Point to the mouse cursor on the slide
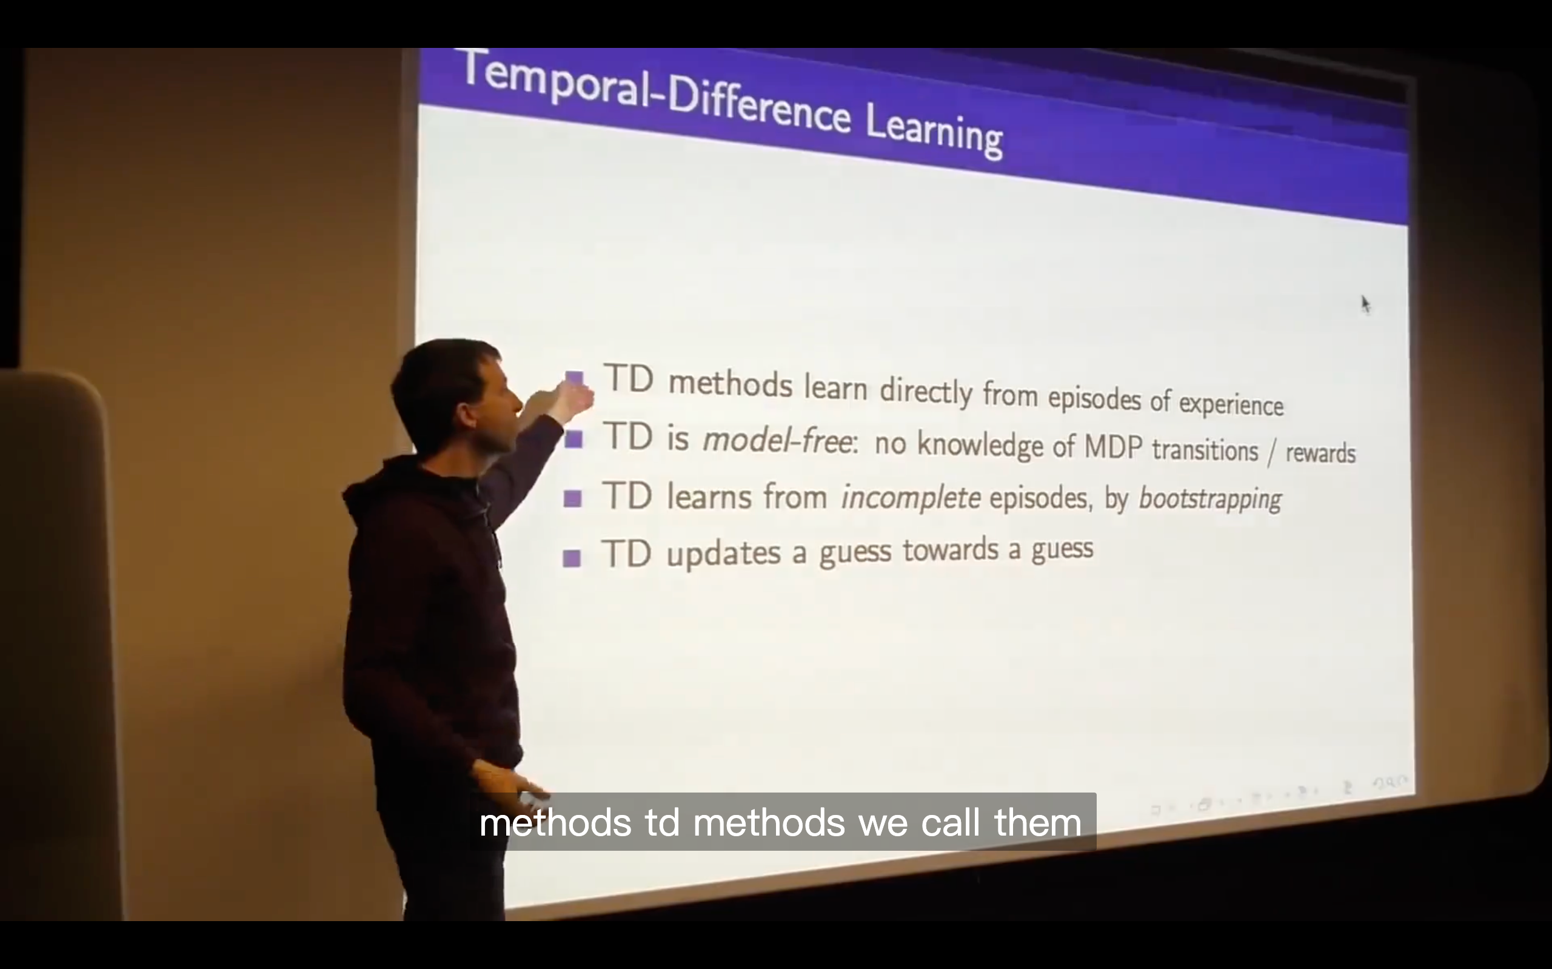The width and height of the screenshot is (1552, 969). coord(1365,305)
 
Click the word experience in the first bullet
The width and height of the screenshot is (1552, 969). coord(1231,404)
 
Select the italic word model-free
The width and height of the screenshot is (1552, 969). coord(778,440)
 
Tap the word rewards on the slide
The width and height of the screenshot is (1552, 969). coord(1321,453)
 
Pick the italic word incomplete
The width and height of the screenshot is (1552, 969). coord(909,497)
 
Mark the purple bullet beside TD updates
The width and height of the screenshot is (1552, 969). coord(571,558)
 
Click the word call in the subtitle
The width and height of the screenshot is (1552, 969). coord(951,822)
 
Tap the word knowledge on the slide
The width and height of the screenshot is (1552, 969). coord(980,444)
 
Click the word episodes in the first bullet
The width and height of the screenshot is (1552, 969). coord(1094,399)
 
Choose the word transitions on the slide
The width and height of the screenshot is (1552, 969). coord(1205,450)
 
